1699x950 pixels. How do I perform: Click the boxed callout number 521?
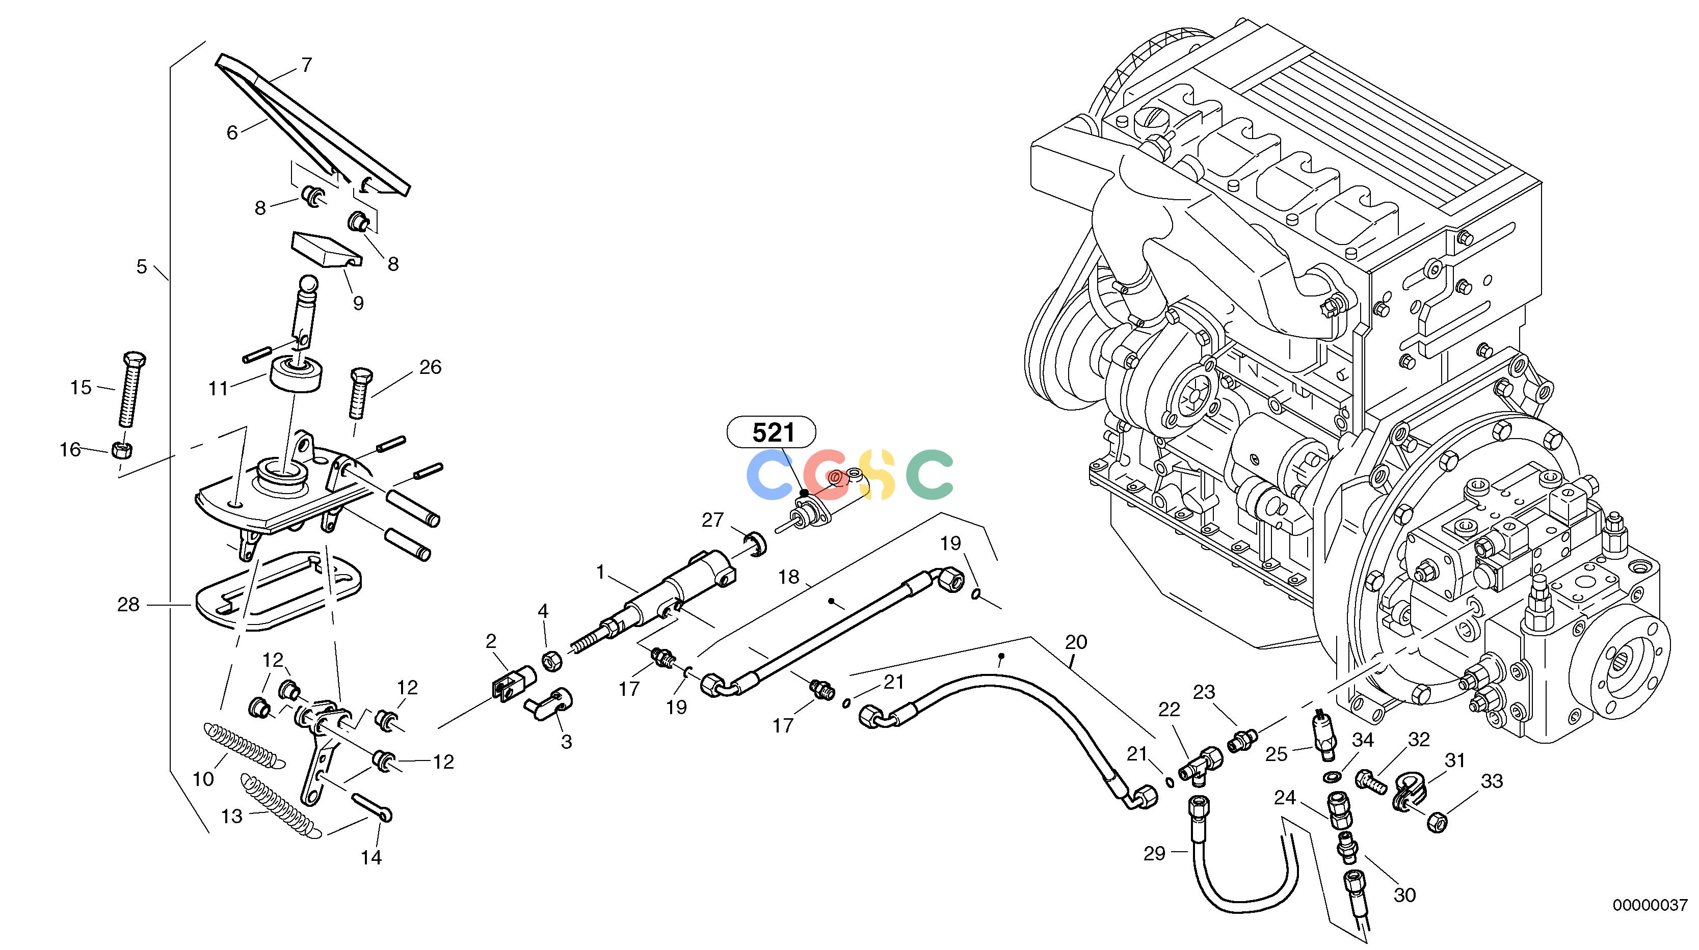(772, 433)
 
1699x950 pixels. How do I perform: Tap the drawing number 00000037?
(1650, 905)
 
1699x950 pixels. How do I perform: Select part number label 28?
(128, 604)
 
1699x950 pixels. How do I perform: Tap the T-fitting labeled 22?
(1199, 766)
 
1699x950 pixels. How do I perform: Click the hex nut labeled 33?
(1436, 822)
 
